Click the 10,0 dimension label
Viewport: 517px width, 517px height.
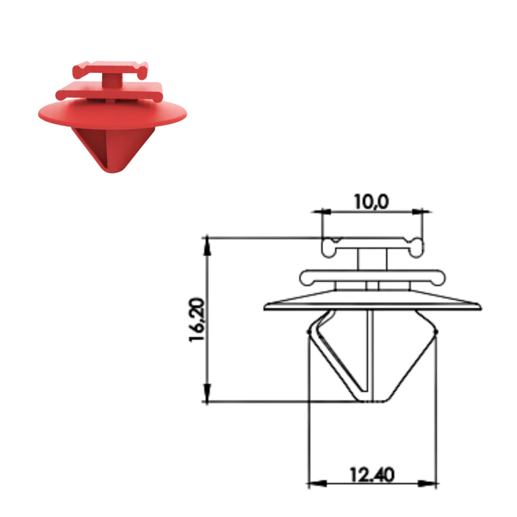(372, 201)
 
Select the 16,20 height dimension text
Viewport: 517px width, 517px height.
(197, 320)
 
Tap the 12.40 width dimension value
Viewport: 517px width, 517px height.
(372, 475)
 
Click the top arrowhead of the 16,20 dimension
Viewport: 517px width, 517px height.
(207, 246)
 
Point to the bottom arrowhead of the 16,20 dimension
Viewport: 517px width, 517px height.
(207, 393)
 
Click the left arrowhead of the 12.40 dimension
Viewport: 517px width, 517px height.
(317, 484)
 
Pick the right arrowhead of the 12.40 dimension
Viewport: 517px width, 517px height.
(428, 484)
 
